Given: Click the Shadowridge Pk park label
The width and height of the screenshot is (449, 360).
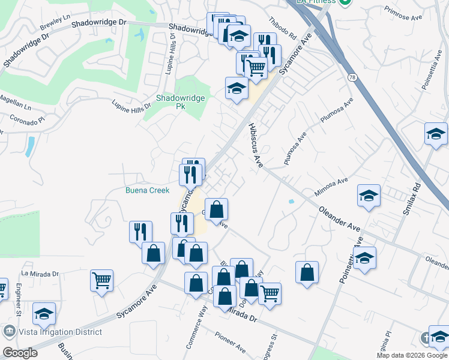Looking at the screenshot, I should point(181,101).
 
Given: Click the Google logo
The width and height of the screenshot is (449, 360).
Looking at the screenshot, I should point(20,353).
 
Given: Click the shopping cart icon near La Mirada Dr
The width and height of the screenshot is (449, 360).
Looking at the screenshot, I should point(101,280).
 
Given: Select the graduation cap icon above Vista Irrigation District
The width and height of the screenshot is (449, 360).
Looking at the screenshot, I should point(43,313).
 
